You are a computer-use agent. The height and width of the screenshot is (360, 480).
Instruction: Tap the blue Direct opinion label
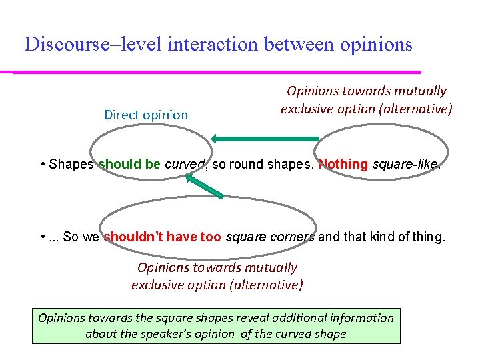(146, 115)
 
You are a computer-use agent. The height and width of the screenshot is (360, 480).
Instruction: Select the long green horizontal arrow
(265, 139)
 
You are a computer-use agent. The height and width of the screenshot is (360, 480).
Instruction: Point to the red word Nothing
(343, 165)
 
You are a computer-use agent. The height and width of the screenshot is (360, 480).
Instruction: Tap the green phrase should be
(129, 165)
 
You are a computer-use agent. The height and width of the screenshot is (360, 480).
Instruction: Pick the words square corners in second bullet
(271, 237)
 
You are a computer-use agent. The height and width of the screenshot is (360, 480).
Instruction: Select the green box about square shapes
(216, 326)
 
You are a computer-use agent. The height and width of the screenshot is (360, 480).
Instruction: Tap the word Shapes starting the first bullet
(71, 165)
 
